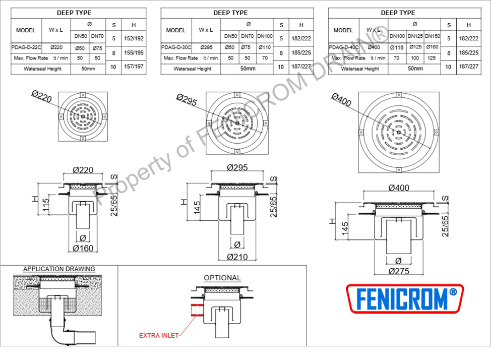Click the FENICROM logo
(x=405, y=298)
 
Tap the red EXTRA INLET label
(x=159, y=336)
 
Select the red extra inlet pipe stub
(x=197, y=310)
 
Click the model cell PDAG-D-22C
(x=26, y=47)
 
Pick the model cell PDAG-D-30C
(x=176, y=47)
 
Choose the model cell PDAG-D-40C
(x=343, y=47)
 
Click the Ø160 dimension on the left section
(x=83, y=248)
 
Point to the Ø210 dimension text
(x=237, y=257)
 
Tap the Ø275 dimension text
(x=399, y=271)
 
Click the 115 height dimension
(x=46, y=205)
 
